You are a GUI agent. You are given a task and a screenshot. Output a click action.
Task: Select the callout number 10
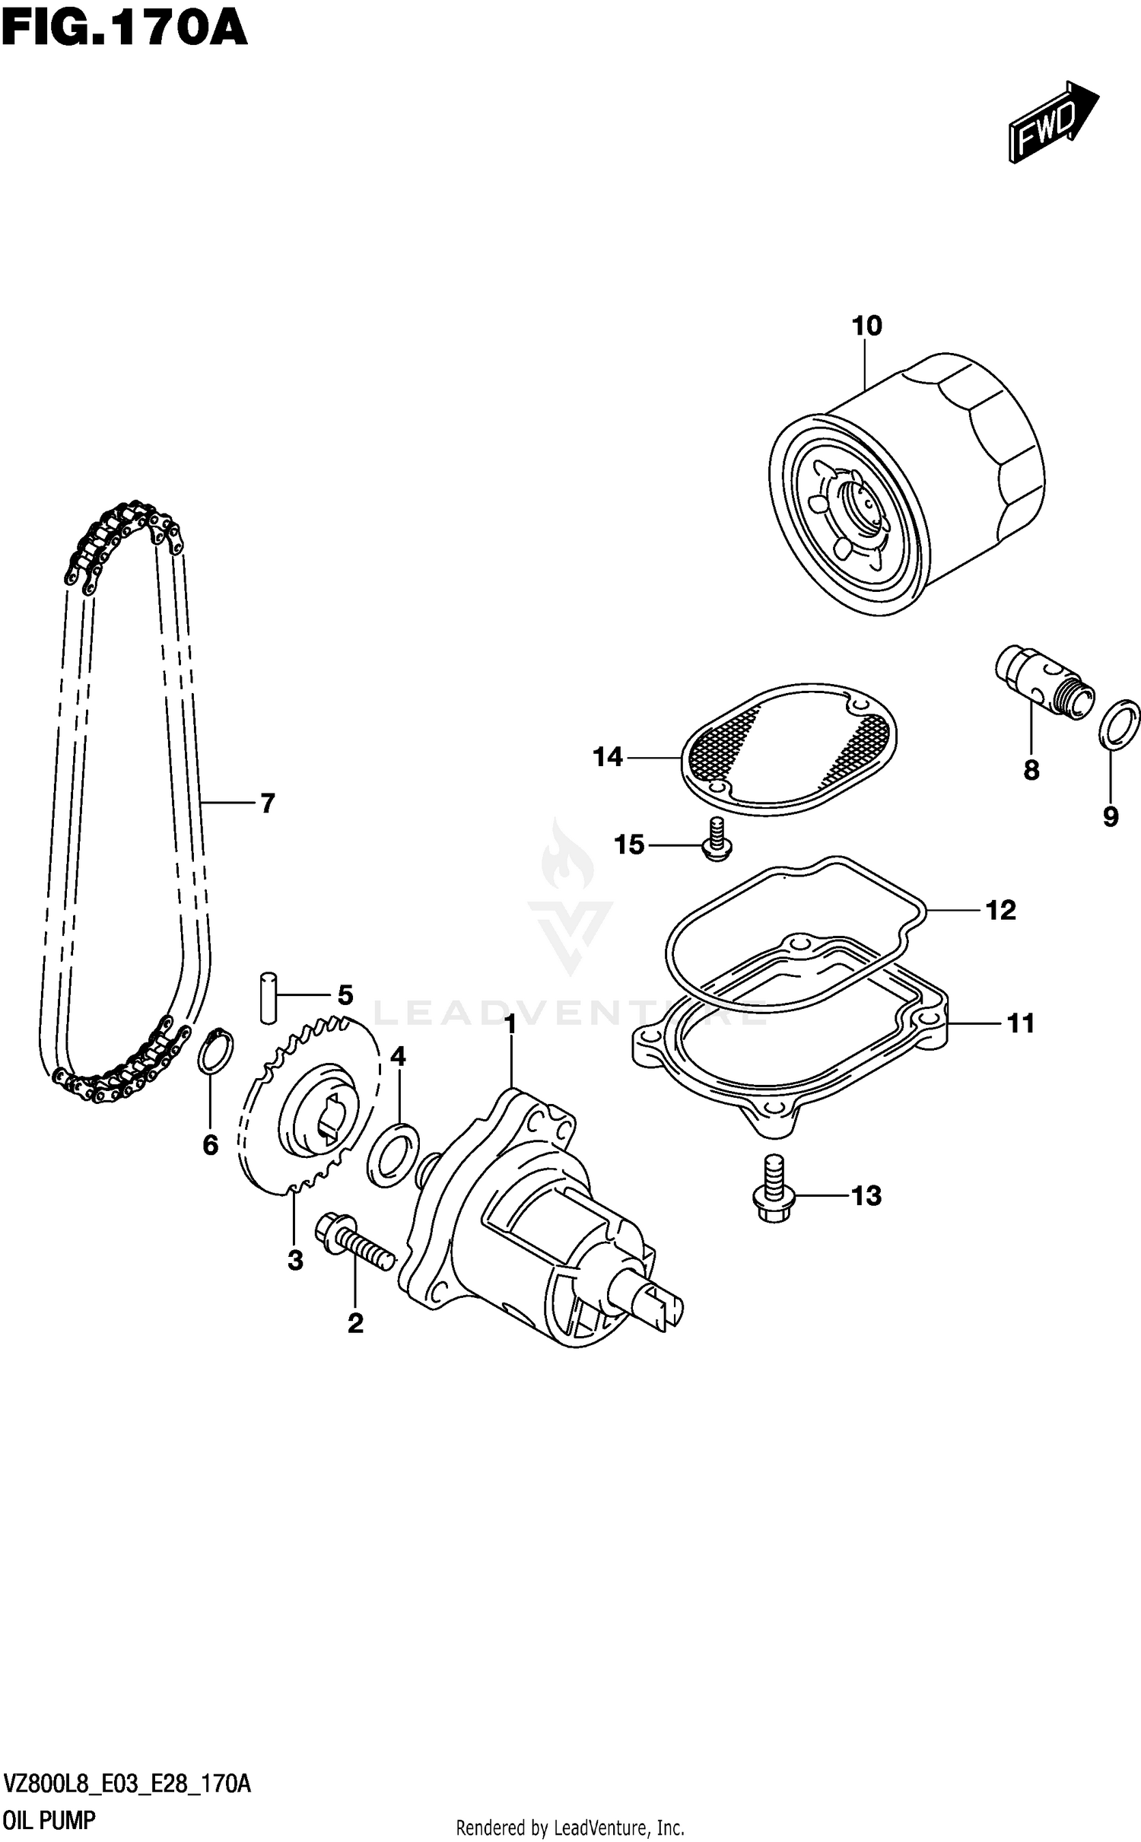[x=866, y=326]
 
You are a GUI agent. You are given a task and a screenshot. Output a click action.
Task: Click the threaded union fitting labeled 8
[x=1044, y=680]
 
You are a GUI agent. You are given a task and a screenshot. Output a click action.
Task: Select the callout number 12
[x=1000, y=910]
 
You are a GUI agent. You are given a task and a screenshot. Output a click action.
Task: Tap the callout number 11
[x=1021, y=1023]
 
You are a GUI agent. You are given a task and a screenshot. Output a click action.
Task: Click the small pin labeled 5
[x=268, y=996]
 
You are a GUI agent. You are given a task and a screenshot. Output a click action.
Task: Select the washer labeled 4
[x=393, y=1154]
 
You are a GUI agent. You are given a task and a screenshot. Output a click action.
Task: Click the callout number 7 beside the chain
[x=267, y=803]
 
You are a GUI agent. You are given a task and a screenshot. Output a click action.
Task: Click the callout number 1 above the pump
[x=510, y=1024]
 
